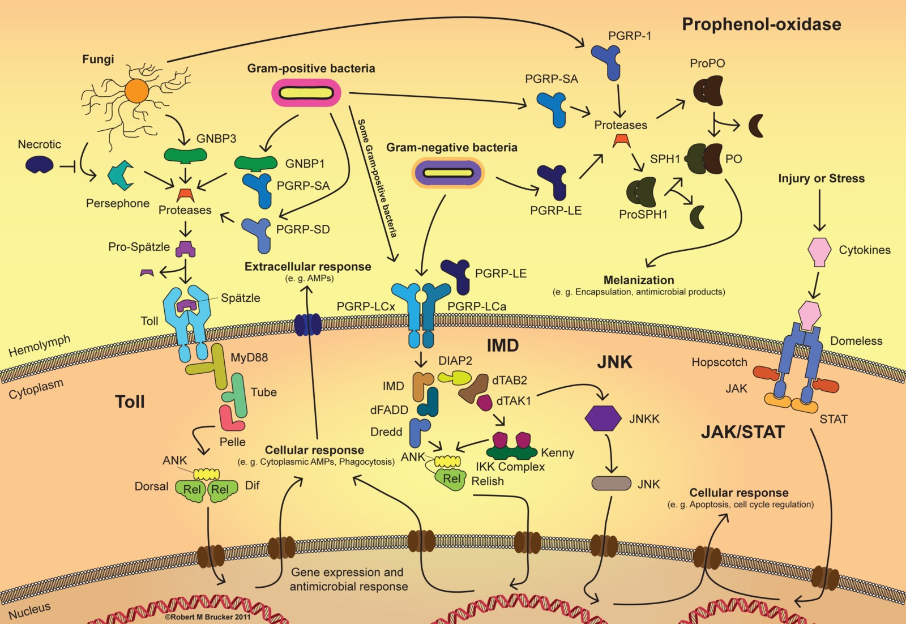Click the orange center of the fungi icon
pyautogui.click(x=136, y=91)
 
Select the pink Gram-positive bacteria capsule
pyautogui.click(x=306, y=93)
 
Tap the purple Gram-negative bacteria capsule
pyautogui.click(x=448, y=173)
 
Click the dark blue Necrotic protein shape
pyautogui.click(x=40, y=165)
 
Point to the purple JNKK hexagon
pyautogui.click(x=602, y=418)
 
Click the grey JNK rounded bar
pyautogui.click(x=611, y=483)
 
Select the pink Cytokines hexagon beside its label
pyautogui.click(x=819, y=251)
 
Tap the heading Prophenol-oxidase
pyautogui.click(x=761, y=24)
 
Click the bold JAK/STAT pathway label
pyautogui.click(x=742, y=432)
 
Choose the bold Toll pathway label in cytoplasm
pyautogui.click(x=130, y=402)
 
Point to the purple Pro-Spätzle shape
pyautogui.click(x=185, y=248)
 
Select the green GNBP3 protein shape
pyautogui.click(x=185, y=155)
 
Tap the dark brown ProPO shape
pyautogui.click(x=708, y=91)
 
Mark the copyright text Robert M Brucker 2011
pyautogui.click(x=207, y=617)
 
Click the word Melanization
pyautogui.click(x=638, y=280)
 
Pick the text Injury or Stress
pyautogui.click(x=821, y=178)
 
